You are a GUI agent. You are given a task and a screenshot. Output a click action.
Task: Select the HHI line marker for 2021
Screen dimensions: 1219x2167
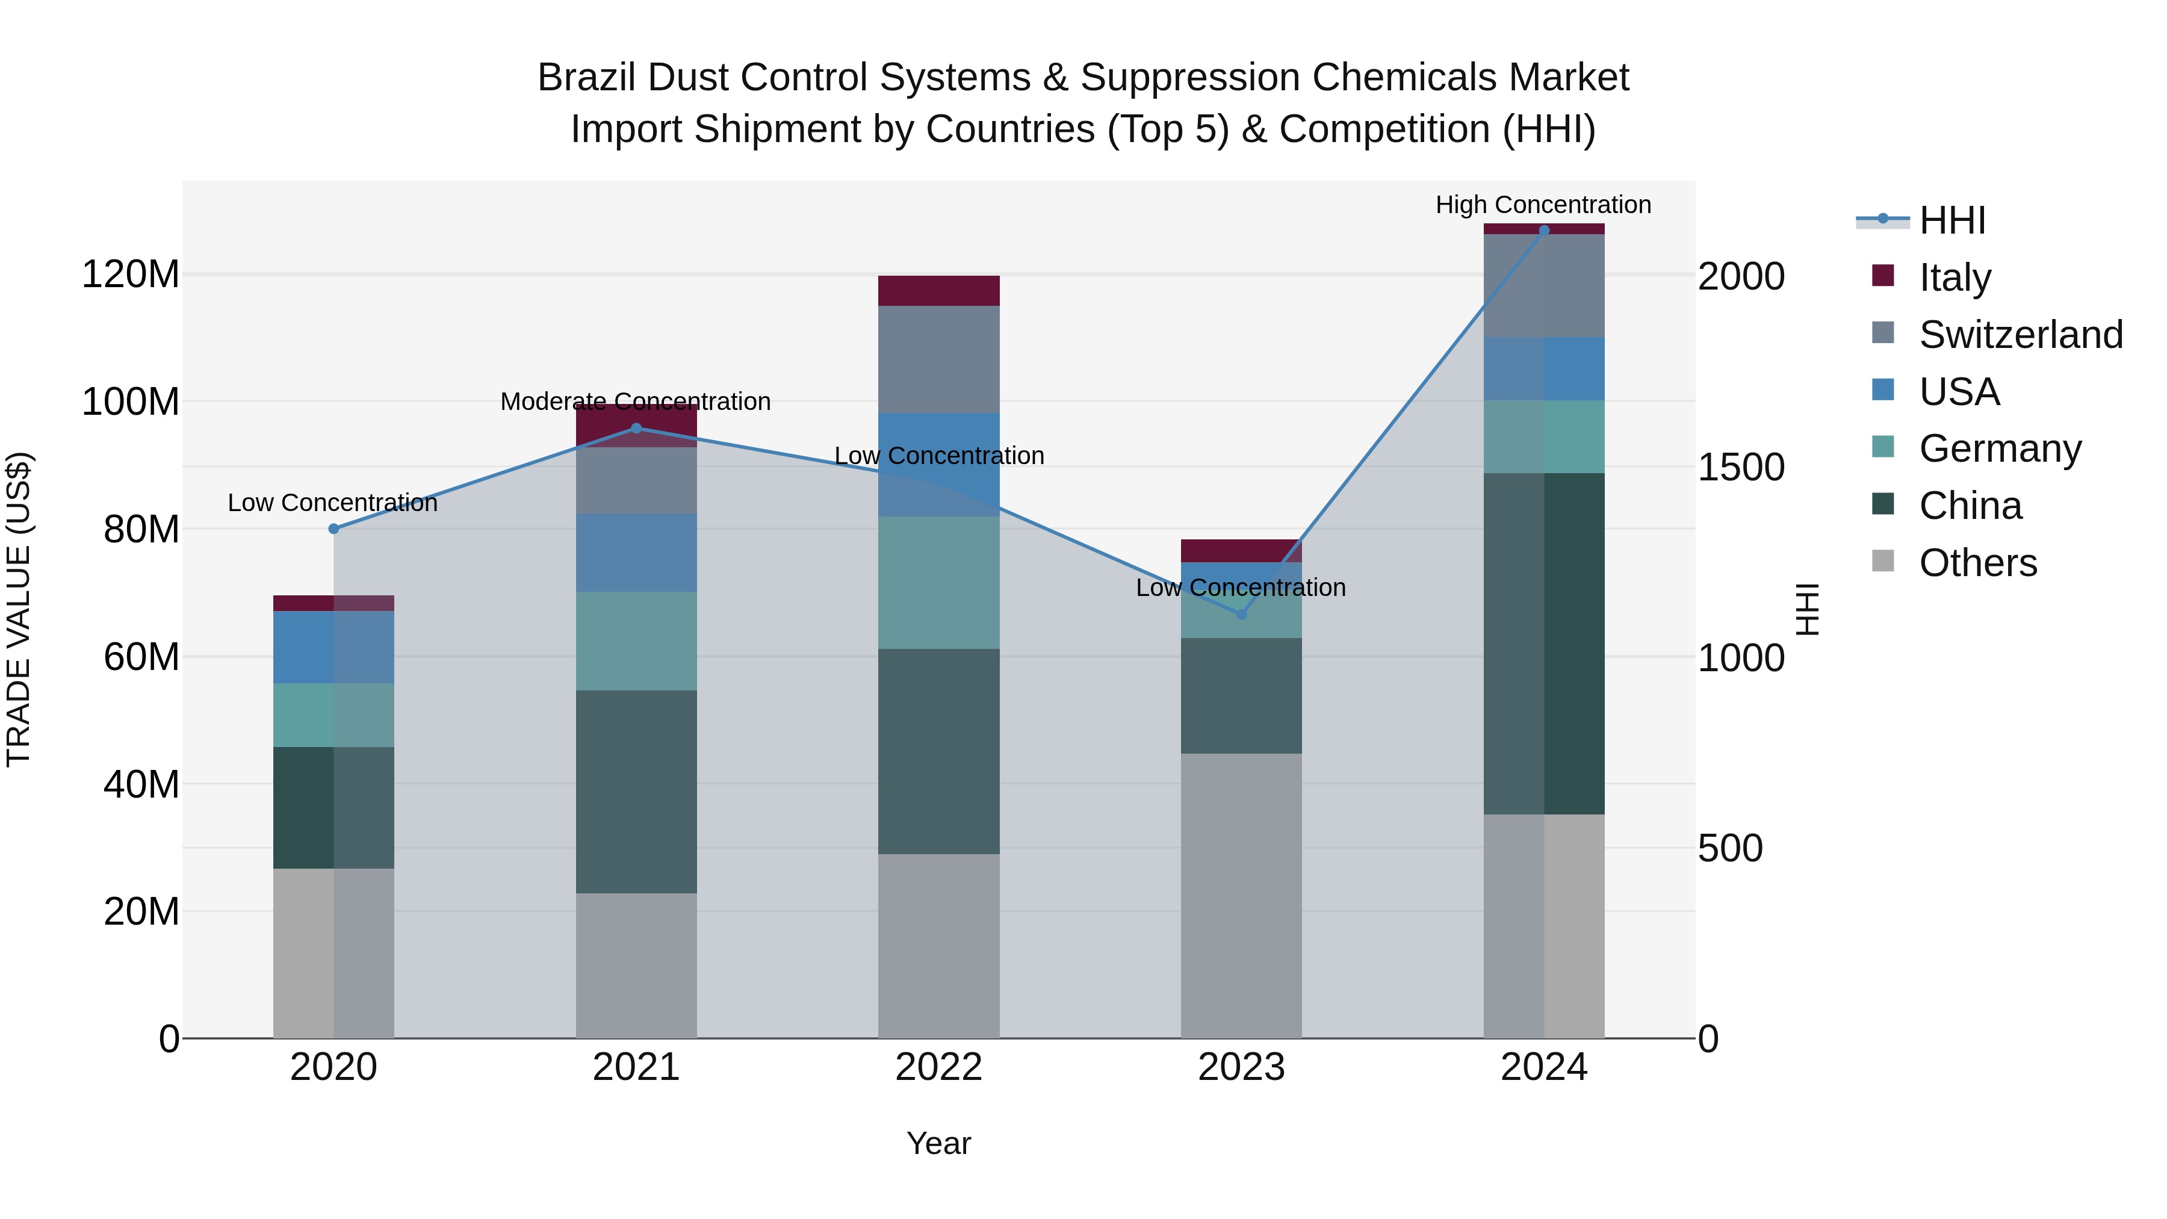636,428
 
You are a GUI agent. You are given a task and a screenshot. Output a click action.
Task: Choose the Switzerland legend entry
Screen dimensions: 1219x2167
2021,334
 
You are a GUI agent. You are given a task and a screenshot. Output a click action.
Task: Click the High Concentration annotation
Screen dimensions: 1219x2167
1543,205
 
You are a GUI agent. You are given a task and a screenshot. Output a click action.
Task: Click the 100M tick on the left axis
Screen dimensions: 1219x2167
131,402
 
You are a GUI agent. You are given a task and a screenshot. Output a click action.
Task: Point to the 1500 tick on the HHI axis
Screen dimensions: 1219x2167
1740,467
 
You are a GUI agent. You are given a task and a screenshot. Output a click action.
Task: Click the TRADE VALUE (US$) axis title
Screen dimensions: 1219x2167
19,609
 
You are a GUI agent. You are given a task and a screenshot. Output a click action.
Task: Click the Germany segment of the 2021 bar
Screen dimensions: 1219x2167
636,641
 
